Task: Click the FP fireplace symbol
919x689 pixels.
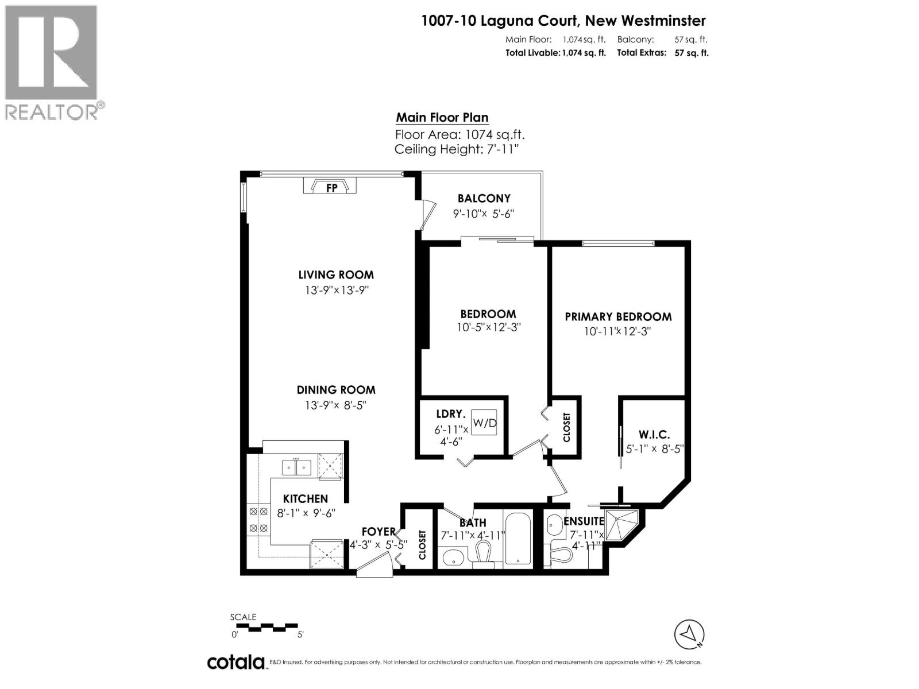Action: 331,187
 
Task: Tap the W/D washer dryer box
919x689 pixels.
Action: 484,423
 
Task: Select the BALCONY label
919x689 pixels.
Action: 484,199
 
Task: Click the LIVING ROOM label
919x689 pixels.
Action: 336,275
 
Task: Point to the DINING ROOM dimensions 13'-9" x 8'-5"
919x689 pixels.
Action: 336,405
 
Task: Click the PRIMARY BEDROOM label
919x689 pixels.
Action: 618,317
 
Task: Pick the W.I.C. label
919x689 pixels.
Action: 654,435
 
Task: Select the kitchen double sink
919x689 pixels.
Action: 296,467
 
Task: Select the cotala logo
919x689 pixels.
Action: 235,662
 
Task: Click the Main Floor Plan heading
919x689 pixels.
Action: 442,118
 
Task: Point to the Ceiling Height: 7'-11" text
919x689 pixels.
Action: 457,150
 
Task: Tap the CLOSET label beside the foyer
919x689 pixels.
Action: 422,544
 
